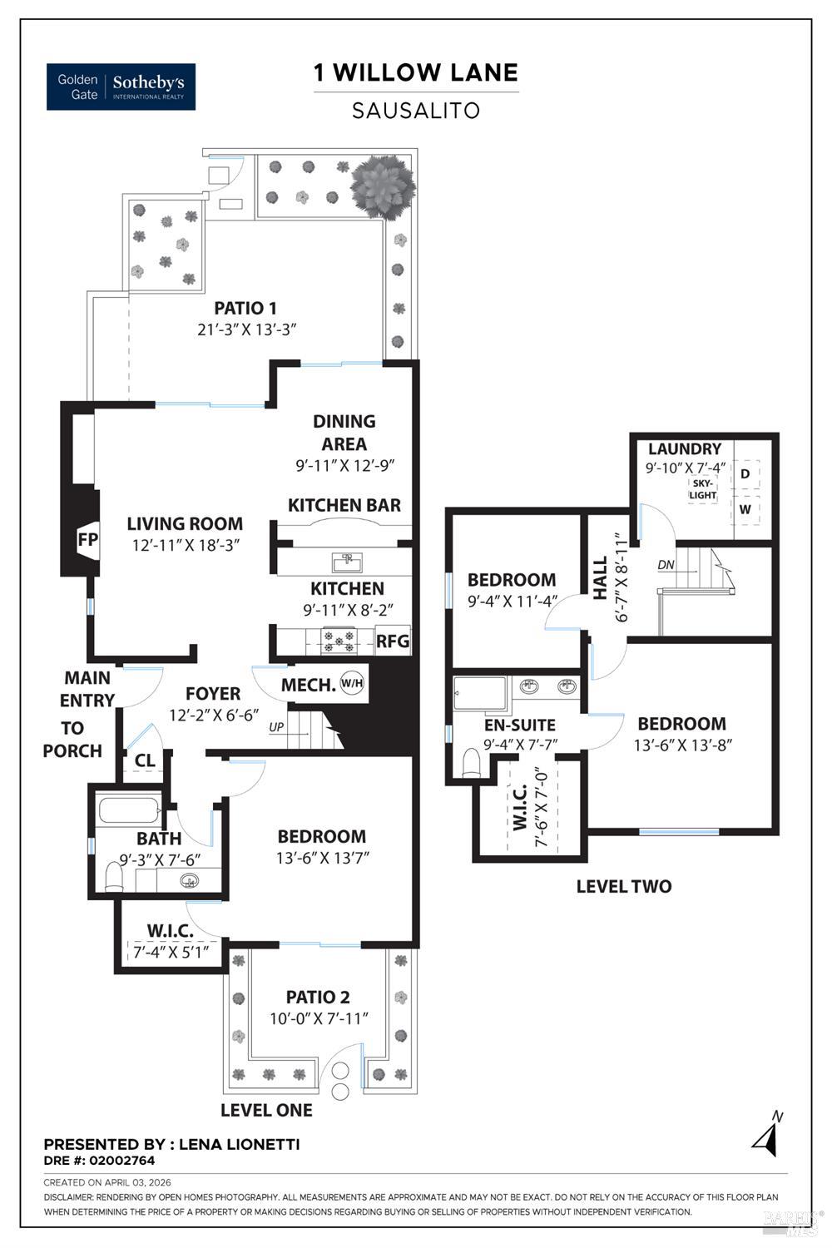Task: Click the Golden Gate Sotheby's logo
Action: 121,87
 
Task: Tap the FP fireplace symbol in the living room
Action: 87,539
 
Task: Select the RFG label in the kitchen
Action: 393,641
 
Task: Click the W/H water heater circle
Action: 352,685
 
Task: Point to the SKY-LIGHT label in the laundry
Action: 703,489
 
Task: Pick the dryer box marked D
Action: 745,473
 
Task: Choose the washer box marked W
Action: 745,509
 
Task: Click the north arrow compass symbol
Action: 768,1136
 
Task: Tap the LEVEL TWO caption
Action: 624,886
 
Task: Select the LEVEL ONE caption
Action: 266,1110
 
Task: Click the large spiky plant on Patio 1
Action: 382,186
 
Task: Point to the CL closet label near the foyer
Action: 145,760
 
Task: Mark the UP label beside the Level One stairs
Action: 276,727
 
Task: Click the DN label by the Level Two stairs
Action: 666,566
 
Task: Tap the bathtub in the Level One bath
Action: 129,810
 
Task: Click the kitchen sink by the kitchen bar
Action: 345,561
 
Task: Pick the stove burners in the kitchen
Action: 339,641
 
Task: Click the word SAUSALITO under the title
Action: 416,111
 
